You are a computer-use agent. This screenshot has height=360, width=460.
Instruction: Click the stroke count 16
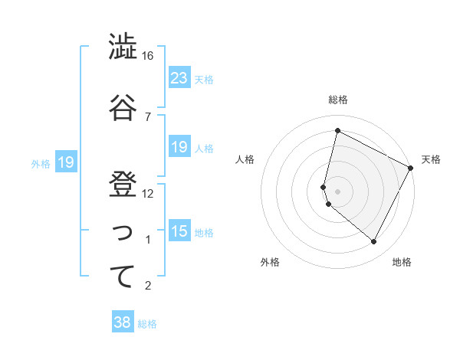point(147,56)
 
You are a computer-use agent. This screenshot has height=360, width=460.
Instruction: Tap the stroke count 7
point(147,116)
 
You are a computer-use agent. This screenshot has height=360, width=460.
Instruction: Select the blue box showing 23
point(179,78)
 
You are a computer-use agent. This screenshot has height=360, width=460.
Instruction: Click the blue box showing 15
point(179,231)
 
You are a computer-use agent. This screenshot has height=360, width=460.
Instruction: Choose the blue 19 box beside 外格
point(65,162)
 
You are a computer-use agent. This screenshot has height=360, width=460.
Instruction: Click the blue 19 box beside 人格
point(179,147)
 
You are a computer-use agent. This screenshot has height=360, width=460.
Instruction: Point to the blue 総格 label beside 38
point(147,324)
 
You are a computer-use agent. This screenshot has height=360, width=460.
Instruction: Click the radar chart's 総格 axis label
point(338,100)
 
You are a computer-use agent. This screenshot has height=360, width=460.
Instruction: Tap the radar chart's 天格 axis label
point(431,159)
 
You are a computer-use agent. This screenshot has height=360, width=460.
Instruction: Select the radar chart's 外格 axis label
point(270,263)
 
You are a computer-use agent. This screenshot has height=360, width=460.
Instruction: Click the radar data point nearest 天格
point(411,168)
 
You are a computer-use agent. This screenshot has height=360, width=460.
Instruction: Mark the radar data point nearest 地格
point(373,242)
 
